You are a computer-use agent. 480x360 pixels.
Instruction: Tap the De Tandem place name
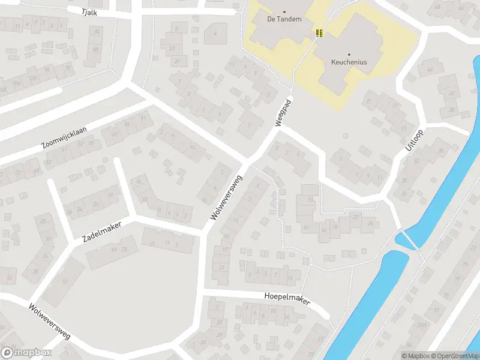[x=284, y=19]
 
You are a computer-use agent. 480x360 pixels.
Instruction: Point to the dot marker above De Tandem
[x=284, y=11]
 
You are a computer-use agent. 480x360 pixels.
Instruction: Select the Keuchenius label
[x=349, y=62]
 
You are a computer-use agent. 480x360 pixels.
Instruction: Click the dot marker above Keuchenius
[x=349, y=54]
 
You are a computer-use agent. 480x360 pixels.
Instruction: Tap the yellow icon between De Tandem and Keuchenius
[x=319, y=32]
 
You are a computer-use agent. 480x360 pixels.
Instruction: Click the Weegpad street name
[x=283, y=112]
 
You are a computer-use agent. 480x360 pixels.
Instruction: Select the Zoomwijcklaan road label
[x=64, y=137]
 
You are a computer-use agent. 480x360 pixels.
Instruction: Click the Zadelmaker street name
[x=101, y=232]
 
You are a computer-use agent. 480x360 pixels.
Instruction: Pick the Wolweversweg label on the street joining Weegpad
[x=226, y=197]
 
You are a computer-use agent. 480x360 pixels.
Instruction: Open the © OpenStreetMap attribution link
[x=454, y=356]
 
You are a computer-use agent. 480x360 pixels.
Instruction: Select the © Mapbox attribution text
[x=416, y=356]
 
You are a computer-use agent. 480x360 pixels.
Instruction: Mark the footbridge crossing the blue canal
[x=407, y=239]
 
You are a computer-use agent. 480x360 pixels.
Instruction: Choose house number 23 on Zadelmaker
[x=124, y=249]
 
